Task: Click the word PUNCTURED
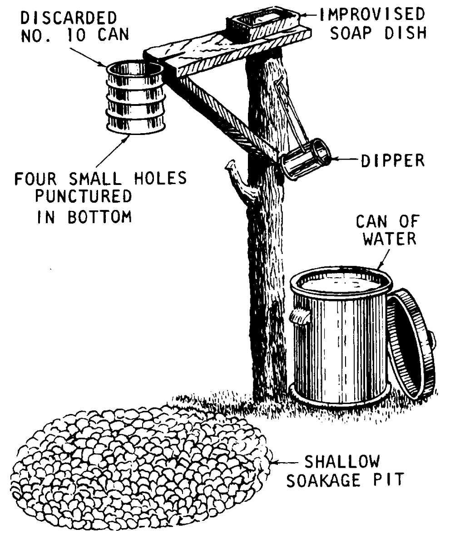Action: pos(84,197)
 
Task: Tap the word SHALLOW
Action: pos(341,463)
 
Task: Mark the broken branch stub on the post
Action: pos(238,177)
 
